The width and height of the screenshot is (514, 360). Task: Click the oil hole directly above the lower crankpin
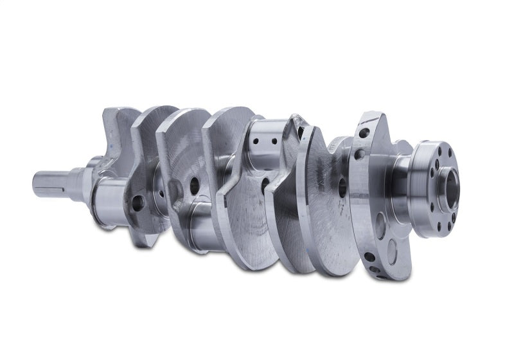pos(194,186)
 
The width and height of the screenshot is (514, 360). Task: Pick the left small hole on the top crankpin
pos(255,141)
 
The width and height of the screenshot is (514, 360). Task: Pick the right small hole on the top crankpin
pos(275,141)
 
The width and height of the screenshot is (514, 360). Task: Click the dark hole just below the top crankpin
pos(265,183)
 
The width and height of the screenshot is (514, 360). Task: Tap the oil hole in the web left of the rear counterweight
pos(342,186)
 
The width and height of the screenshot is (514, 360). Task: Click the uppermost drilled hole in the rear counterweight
pos(364,133)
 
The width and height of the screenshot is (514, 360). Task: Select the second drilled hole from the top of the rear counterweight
pos(360,154)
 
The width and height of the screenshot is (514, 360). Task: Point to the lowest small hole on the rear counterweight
pos(370,257)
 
